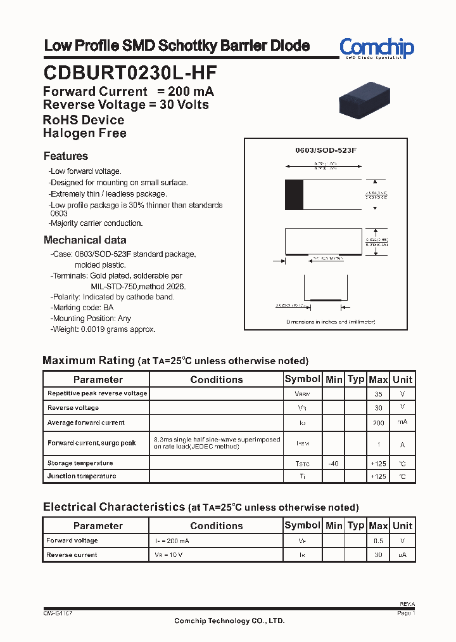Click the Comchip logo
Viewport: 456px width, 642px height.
click(376, 48)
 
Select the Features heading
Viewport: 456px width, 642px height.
click(66, 156)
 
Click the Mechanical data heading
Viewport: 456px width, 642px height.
click(85, 240)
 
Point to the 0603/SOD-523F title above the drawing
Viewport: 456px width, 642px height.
click(326, 150)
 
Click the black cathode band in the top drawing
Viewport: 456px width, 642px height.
click(294, 195)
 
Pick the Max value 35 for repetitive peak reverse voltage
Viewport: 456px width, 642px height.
click(378, 394)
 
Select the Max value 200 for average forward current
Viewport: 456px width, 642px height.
click(378, 423)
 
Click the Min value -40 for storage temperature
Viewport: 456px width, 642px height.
click(333, 464)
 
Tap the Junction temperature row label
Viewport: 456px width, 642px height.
click(82, 476)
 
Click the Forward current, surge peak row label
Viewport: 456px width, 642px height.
click(92, 443)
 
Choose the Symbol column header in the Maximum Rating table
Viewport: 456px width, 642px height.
click(302, 379)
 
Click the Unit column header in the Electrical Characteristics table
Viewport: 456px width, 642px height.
click(402, 525)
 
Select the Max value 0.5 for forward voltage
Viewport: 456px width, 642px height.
click(378, 541)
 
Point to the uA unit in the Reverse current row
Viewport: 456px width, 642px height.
click(402, 555)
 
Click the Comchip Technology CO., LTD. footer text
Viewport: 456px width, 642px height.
click(229, 620)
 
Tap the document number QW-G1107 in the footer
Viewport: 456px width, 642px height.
click(58, 613)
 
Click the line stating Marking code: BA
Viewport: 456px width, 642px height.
click(82, 308)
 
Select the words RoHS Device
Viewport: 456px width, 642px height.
click(84, 120)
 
